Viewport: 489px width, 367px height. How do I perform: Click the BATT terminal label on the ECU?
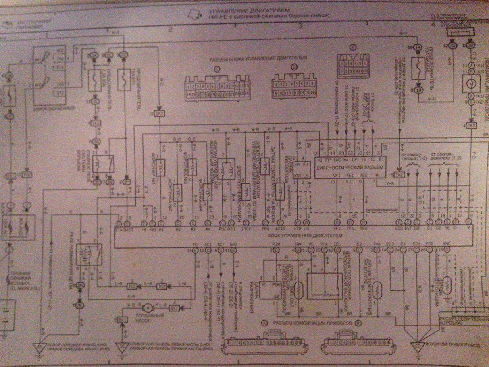[127, 229]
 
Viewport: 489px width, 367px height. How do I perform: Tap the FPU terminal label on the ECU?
[266, 229]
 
